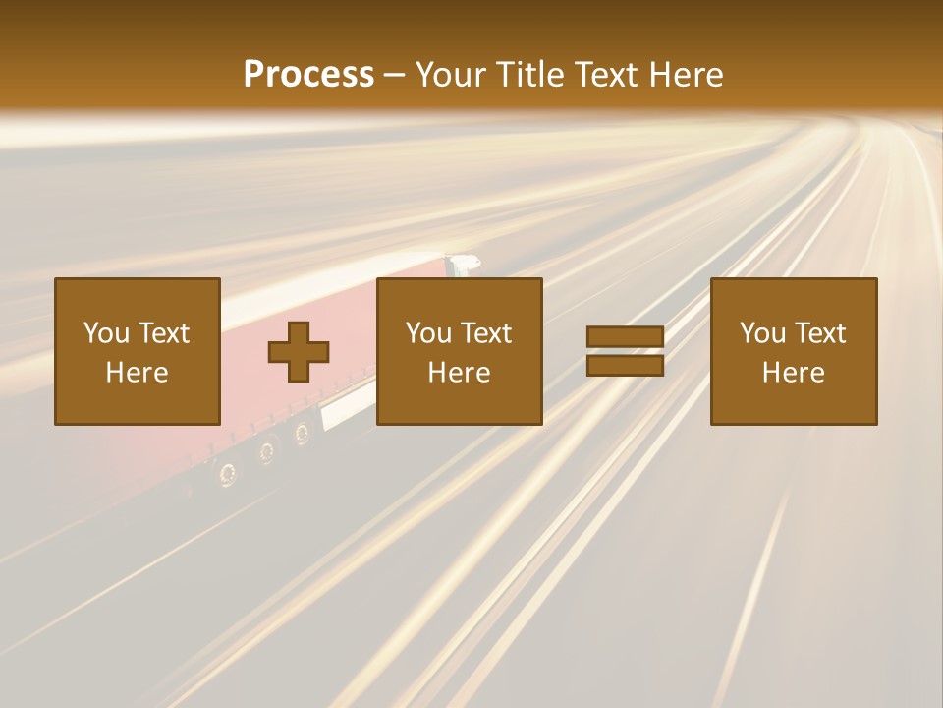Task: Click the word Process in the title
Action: click(308, 75)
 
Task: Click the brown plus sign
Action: click(299, 352)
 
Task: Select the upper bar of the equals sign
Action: click(625, 337)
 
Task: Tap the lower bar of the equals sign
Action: click(625, 365)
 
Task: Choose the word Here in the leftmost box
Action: click(137, 373)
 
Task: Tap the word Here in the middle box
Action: click(459, 373)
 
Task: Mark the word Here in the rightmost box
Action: click(793, 373)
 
